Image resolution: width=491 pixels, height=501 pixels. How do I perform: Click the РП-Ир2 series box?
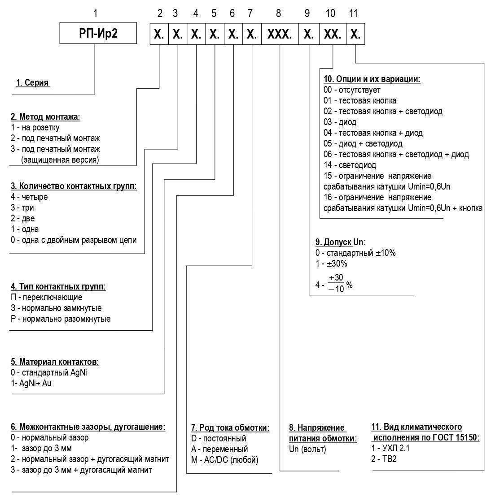[x=98, y=33]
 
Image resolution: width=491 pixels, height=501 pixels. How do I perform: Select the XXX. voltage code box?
[x=280, y=34]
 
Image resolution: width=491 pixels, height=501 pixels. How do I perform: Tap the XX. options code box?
[x=333, y=34]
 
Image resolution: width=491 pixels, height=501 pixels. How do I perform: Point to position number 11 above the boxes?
[x=353, y=13]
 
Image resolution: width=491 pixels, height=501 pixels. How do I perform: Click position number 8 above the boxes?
[x=278, y=13]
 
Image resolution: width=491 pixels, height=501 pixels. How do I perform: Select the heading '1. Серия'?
[x=32, y=82]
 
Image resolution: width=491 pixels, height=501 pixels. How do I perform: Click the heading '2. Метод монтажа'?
[x=45, y=117]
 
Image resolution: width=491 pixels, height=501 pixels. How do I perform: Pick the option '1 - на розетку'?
[x=35, y=127]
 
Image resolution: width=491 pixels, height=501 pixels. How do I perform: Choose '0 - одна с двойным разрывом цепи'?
[x=74, y=240]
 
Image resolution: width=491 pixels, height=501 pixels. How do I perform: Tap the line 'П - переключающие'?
[x=46, y=297]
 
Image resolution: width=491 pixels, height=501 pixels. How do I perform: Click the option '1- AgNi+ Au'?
[x=31, y=383]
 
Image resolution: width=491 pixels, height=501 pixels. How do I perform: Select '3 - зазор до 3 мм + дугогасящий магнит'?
[x=81, y=470]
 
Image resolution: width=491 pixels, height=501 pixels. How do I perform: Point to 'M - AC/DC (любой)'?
[x=225, y=460]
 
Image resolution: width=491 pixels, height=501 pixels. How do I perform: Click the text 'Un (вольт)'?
[x=307, y=449]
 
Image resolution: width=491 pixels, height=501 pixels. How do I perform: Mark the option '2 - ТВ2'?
[x=384, y=459]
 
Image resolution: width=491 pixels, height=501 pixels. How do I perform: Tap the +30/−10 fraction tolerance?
[x=336, y=283]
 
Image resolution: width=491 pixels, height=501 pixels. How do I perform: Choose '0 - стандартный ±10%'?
[x=355, y=253]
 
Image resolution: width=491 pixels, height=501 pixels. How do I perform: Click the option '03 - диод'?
[x=340, y=122]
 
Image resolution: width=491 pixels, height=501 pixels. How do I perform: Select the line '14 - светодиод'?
[x=350, y=165]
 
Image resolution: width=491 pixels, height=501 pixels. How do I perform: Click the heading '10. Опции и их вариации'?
[x=372, y=79]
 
